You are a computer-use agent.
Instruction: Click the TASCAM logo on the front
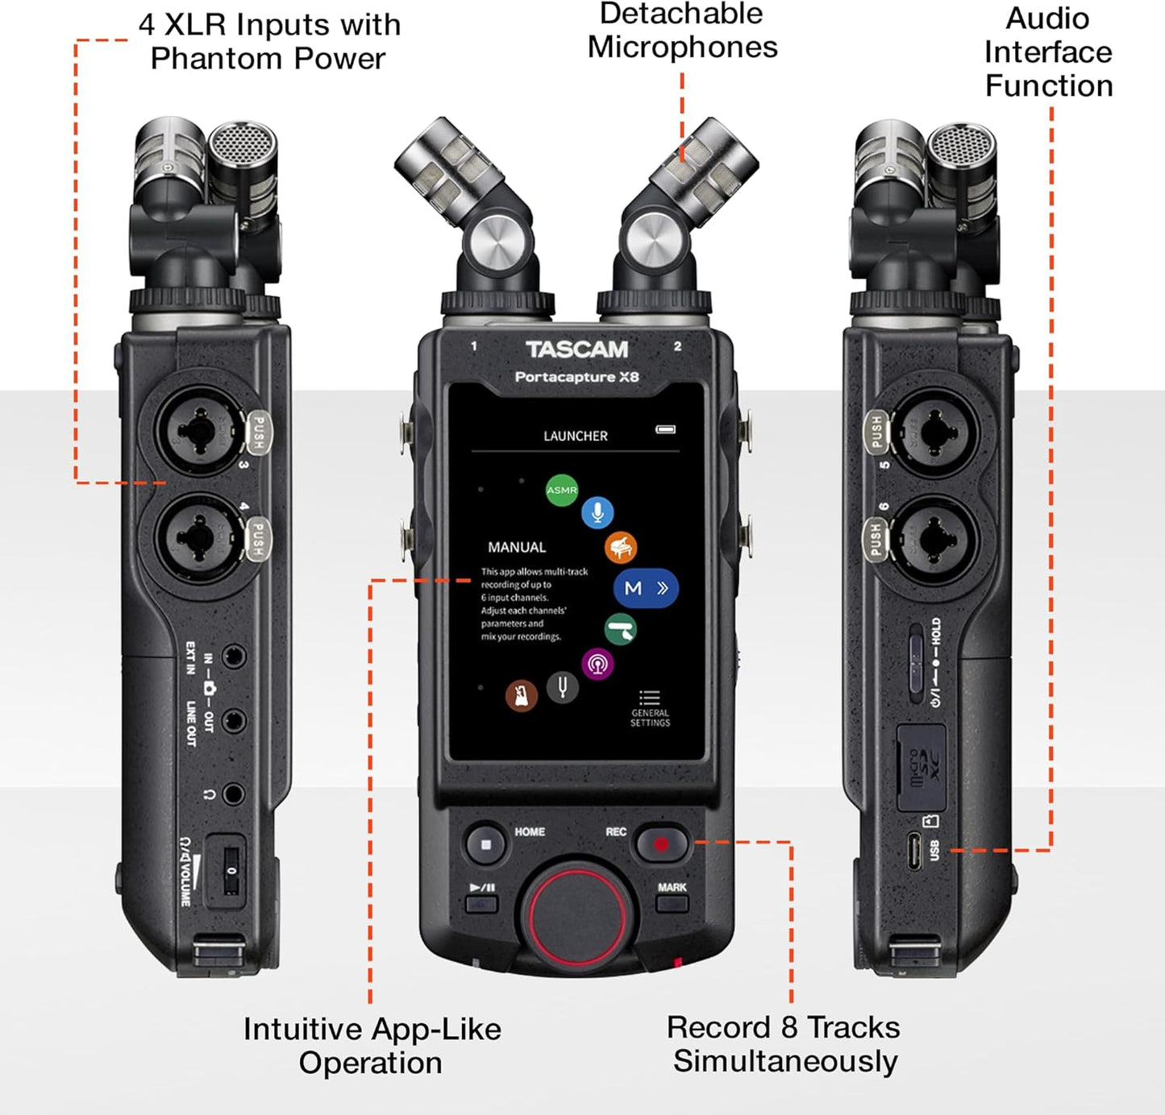click(x=576, y=350)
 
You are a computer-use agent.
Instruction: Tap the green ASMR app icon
click(x=562, y=490)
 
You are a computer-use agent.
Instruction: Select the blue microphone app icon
click(x=597, y=512)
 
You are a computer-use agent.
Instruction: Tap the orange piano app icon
click(x=621, y=548)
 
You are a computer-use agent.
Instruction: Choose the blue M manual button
click(x=646, y=588)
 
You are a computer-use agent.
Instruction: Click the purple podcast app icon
click(x=597, y=665)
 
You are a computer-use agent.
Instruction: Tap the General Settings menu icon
click(x=650, y=698)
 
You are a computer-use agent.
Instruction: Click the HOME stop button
click(x=485, y=845)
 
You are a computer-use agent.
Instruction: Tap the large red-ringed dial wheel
click(x=577, y=911)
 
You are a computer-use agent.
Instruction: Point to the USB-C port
click(x=913, y=851)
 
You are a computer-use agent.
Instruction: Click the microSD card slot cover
click(x=922, y=767)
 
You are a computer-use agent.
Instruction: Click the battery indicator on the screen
click(x=665, y=429)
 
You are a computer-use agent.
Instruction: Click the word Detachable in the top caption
click(x=680, y=14)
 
